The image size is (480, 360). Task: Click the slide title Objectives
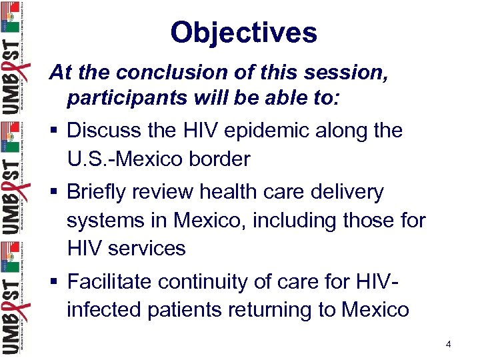click(x=243, y=32)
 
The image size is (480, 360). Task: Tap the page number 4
click(x=449, y=344)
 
